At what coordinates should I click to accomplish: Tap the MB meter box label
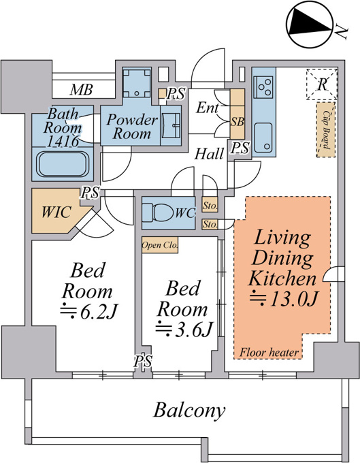click(82, 89)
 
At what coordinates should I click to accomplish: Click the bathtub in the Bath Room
click(62, 164)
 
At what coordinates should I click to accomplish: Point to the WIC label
click(56, 212)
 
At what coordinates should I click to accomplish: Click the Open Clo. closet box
click(160, 245)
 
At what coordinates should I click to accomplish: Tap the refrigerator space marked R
click(322, 84)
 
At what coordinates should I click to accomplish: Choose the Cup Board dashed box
click(326, 130)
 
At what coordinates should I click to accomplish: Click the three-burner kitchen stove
click(265, 87)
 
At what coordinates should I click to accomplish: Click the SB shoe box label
click(238, 122)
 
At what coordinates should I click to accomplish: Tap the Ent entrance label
click(208, 108)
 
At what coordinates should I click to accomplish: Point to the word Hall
click(209, 154)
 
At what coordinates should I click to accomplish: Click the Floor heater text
click(269, 353)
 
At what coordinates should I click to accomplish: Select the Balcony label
click(189, 410)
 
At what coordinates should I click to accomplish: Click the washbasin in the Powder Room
click(171, 125)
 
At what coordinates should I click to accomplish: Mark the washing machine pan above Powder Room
click(137, 83)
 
